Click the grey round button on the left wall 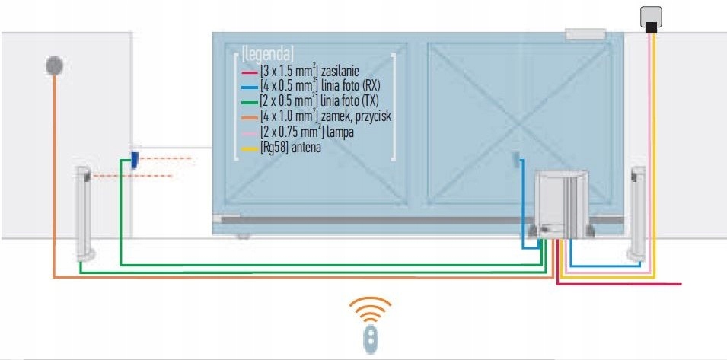(54, 65)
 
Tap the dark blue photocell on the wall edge (133, 160)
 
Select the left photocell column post (84, 212)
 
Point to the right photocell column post (635, 212)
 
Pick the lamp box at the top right (651, 18)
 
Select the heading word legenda (267, 53)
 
